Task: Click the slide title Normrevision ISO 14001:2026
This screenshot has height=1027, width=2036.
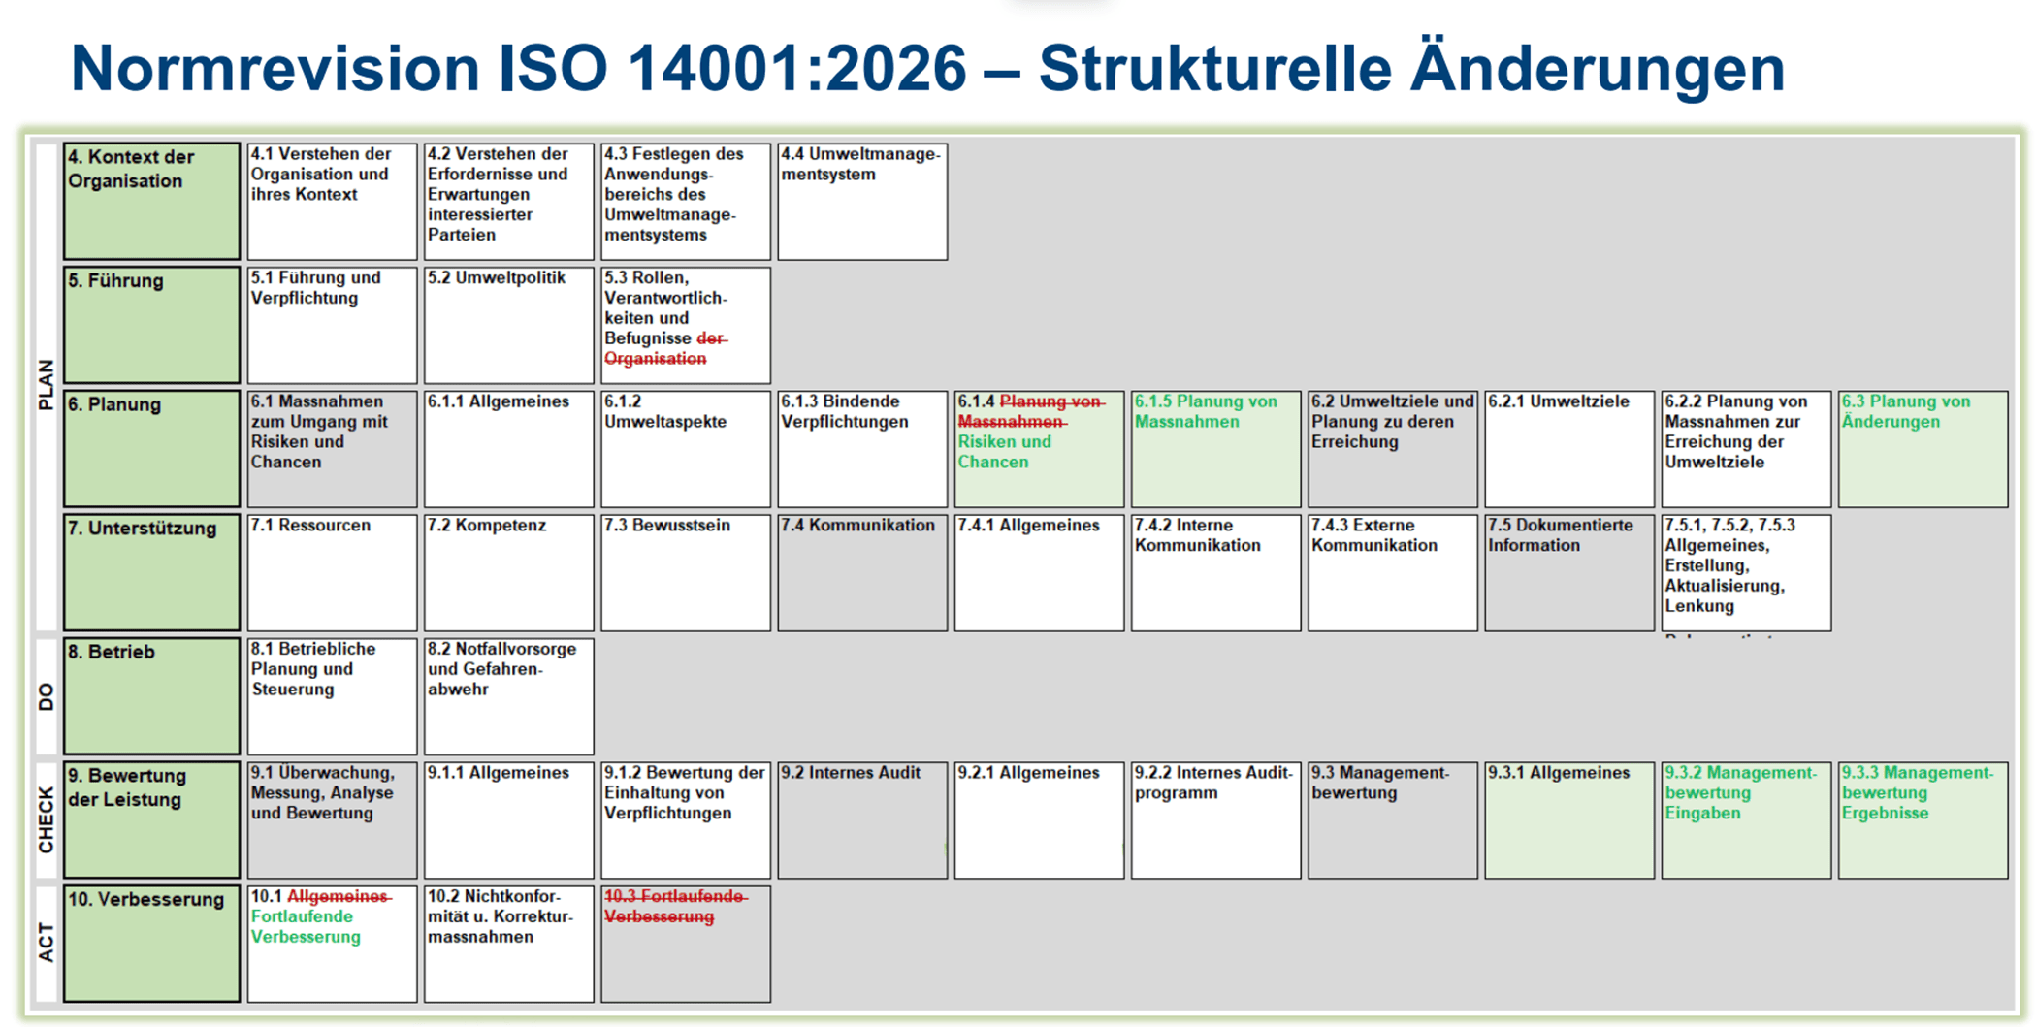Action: (x=519, y=68)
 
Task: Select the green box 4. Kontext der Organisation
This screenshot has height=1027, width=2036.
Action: (x=152, y=202)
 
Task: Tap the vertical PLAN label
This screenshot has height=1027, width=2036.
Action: (x=46, y=385)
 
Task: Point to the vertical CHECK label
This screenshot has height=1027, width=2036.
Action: (x=46, y=819)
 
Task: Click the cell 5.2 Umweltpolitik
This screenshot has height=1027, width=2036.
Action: (x=508, y=325)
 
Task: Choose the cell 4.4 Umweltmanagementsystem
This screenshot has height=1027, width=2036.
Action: (x=862, y=202)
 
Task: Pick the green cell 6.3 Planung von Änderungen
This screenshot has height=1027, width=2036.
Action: (x=1923, y=449)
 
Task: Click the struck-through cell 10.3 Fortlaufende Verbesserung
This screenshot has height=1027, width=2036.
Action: (x=686, y=944)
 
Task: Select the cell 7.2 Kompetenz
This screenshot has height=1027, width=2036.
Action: (x=508, y=573)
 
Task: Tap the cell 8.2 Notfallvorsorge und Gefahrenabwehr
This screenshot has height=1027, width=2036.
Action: (x=508, y=696)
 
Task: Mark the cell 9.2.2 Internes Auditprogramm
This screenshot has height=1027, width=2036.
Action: (x=1215, y=820)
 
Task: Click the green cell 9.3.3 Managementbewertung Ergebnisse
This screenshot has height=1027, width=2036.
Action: (x=1923, y=820)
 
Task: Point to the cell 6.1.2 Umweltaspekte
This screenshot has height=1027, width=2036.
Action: (x=686, y=449)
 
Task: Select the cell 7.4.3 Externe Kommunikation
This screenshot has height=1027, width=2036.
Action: (x=1393, y=573)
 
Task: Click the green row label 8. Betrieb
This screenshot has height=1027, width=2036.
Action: (x=152, y=696)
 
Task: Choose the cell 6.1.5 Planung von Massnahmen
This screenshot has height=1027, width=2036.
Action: (x=1215, y=449)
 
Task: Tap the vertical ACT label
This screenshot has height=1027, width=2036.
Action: (x=46, y=943)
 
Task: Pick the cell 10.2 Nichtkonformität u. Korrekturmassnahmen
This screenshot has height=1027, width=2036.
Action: (x=508, y=944)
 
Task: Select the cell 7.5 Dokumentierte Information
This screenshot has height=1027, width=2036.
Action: (x=1569, y=573)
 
